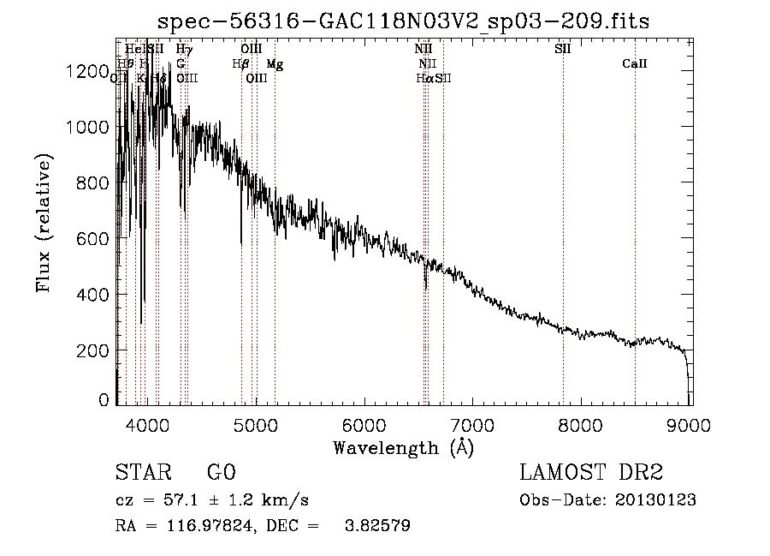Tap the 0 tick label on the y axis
(103, 400)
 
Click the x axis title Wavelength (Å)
(403, 447)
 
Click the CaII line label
(634, 64)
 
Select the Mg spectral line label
(274, 64)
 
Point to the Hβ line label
(240, 63)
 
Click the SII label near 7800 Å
(562, 49)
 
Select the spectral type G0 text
(222, 473)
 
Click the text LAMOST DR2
(591, 473)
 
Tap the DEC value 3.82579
(376, 526)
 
